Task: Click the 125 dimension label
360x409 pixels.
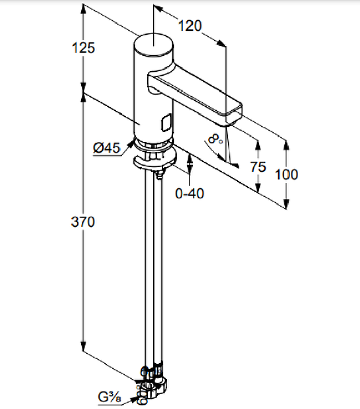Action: [83, 48]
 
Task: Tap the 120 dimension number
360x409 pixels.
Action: [190, 26]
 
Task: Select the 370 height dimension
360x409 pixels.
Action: [83, 222]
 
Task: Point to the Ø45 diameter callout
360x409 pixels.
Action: [107, 148]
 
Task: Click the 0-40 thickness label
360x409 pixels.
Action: [189, 194]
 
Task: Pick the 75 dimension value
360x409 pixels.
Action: [258, 167]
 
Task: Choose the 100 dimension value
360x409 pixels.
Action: [286, 175]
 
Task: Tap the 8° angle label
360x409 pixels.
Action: [215, 139]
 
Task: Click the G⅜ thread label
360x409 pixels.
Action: [109, 397]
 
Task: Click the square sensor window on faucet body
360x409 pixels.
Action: [166, 122]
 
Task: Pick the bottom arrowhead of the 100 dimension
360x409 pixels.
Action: [286, 203]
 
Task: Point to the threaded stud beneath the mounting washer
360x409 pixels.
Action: [159, 174]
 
